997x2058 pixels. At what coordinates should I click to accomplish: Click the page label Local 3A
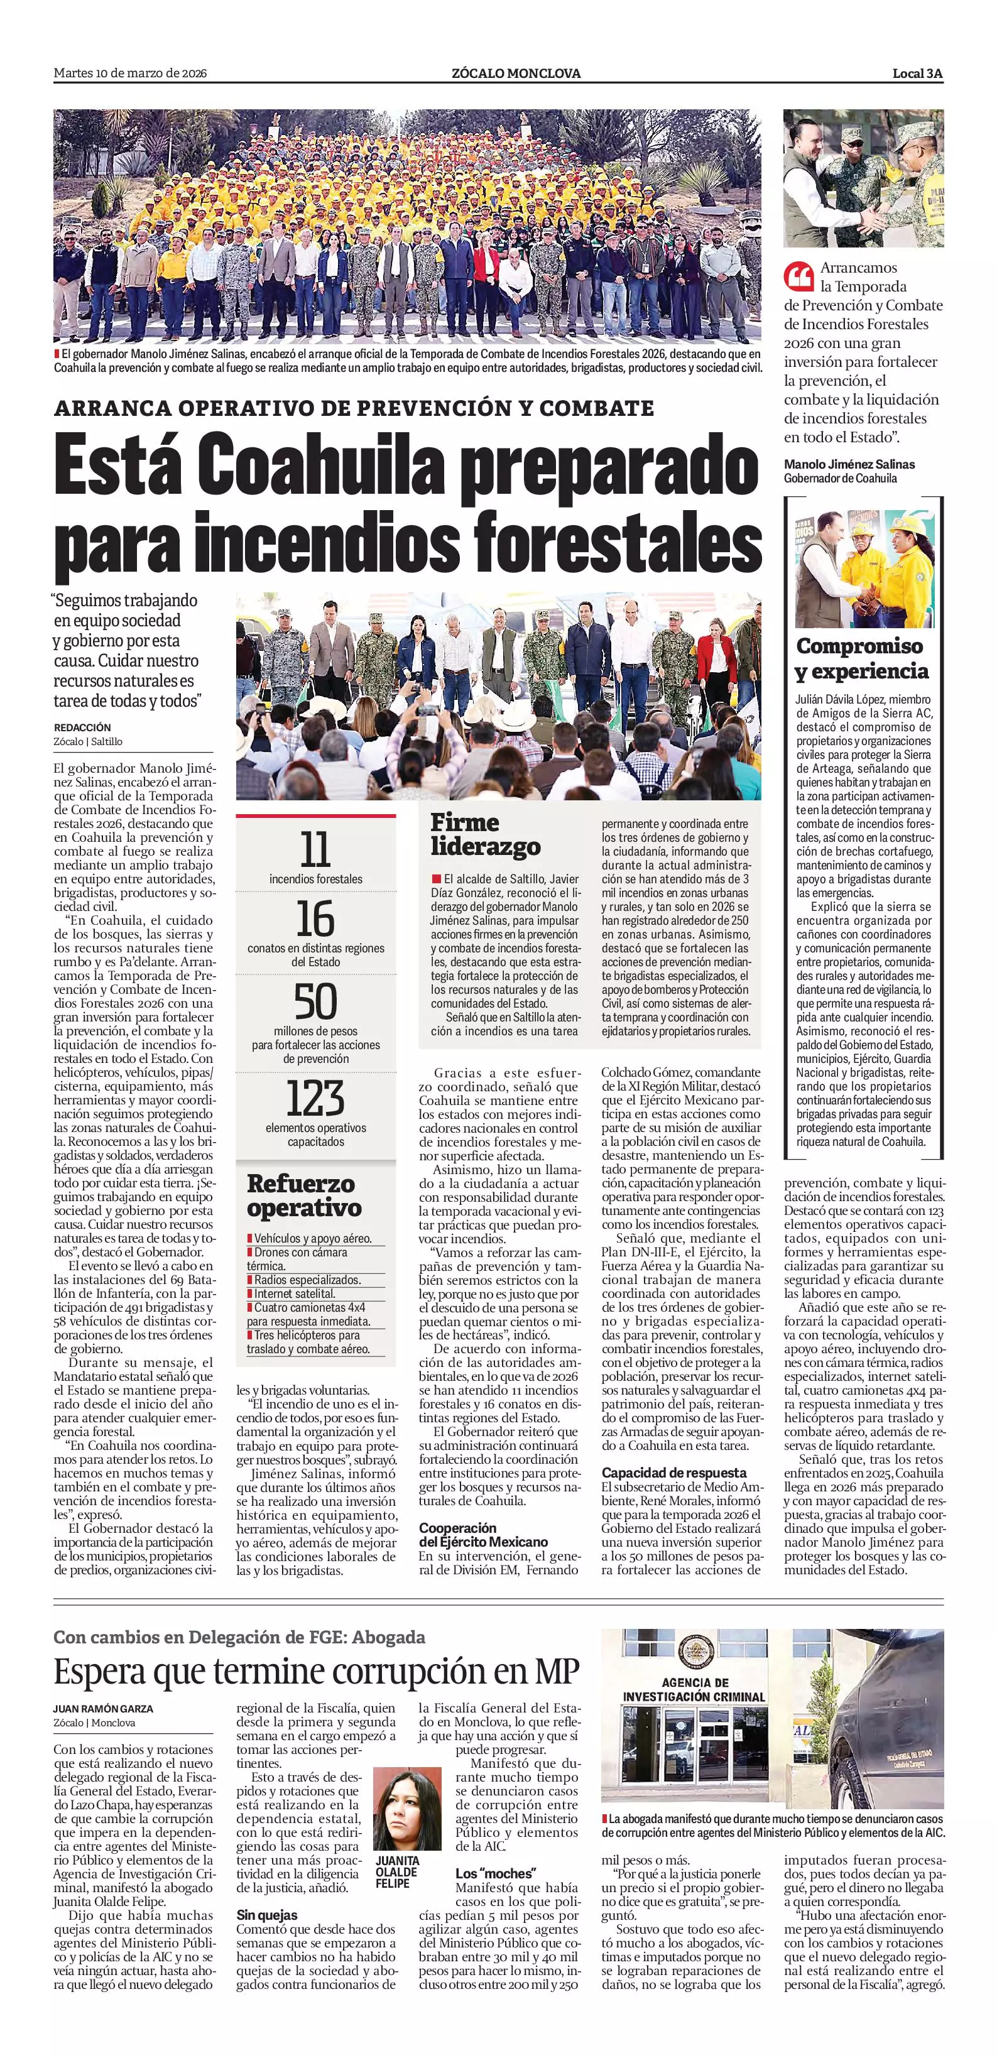(x=918, y=73)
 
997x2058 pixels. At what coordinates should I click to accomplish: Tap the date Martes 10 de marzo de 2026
(x=130, y=73)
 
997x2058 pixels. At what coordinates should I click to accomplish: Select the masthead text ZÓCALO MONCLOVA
(x=516, y=73)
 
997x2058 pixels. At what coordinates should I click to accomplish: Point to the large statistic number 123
(x=315, y=1099)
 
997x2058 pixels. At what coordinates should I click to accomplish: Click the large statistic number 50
(x=315, y=1003)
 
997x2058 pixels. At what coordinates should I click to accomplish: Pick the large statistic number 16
(x=315, y=918)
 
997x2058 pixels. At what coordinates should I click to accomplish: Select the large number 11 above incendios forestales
(x=315, y=850)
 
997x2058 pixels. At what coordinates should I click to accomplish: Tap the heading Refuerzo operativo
(x=304, y=1195)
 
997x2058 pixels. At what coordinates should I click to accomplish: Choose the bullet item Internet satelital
(x=295, y=1293)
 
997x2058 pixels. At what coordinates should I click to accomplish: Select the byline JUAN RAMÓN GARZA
(x=104, y=1709)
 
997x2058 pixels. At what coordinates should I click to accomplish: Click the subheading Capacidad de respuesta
(x=673, y=1473)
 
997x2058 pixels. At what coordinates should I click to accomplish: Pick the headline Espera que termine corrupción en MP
(x=317, y=1670)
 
